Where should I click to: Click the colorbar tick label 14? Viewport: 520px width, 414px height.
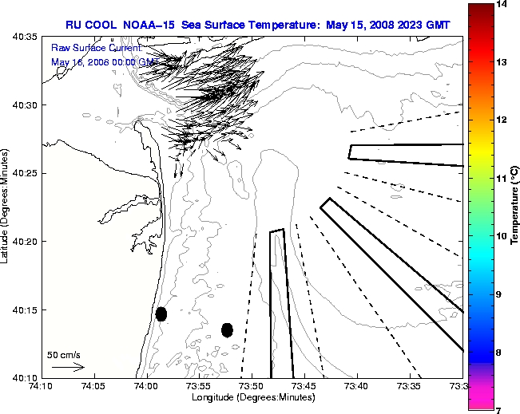(503, 5)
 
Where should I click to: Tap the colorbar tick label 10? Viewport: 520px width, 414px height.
(503, 236)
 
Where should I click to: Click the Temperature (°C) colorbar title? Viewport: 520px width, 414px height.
(515, 207)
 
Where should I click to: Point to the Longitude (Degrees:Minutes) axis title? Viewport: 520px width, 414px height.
(252, 397)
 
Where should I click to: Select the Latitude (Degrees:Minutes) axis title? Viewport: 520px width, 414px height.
(6, 207)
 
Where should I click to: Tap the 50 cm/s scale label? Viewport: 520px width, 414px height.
(64, 355)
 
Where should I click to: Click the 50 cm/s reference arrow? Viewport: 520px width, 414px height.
(67, 367)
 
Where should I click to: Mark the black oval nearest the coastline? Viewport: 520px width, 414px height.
(161, 313)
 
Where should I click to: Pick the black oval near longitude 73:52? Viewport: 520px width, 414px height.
(227, 329)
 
